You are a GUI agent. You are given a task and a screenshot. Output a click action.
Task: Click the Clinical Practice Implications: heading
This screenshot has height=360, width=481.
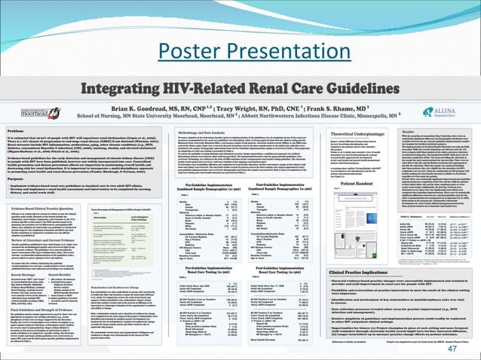(340, 271)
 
